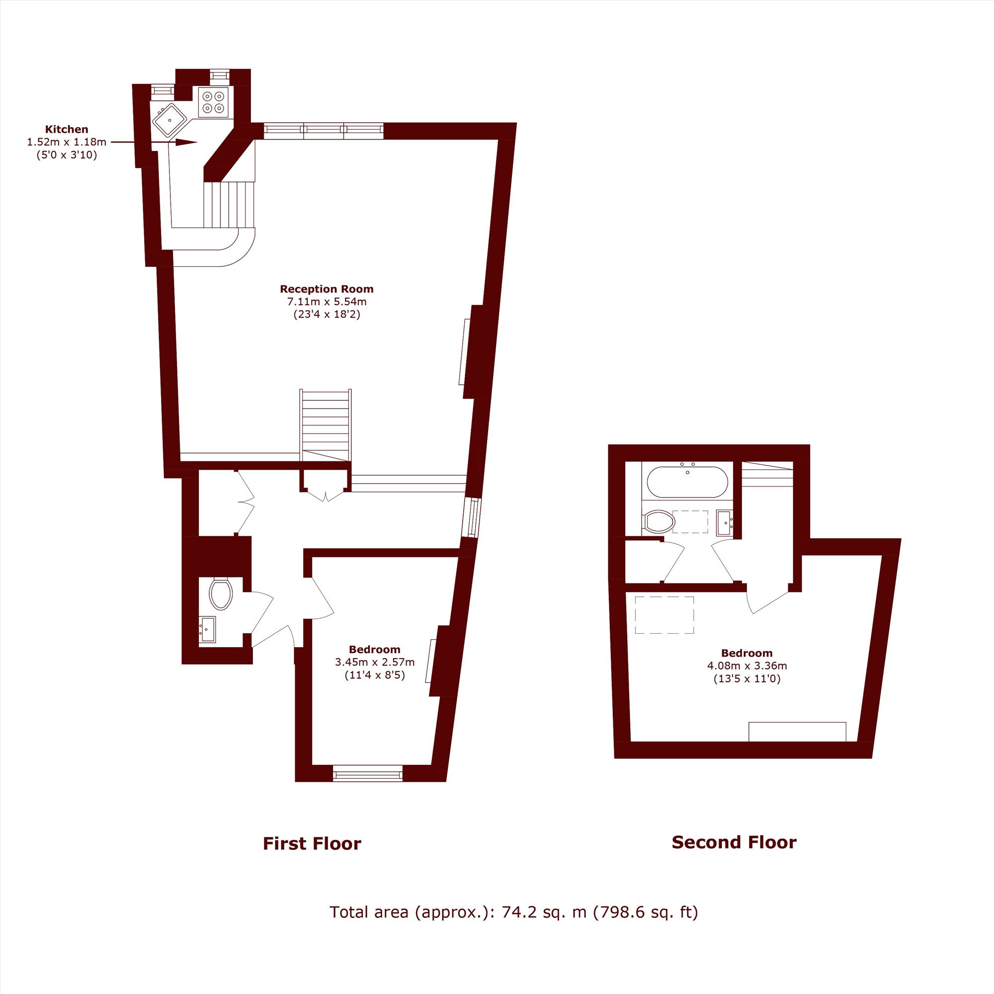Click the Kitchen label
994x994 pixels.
[67, 129]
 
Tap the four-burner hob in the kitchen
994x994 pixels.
[213, 102]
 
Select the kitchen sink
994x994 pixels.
[170, 120]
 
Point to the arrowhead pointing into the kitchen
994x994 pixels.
[186, 142]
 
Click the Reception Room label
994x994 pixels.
[327, 289]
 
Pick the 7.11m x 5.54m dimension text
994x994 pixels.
[327, 302]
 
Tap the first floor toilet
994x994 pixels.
[221, 594]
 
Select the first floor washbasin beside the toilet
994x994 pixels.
[207, 630]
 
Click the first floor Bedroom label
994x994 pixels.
[375, 649]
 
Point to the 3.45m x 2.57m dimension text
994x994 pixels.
[375, 662]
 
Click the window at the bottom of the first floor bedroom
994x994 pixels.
[367, 773]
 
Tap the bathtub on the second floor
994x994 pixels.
[687, 482]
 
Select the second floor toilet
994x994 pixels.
[659, 522]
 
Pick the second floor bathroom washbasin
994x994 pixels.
[725, 523]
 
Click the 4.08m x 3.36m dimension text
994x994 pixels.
[747, 666]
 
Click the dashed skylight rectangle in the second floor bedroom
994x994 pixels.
[664, 615]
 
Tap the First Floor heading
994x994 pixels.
[312, 844]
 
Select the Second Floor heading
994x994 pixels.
[734, 842]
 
